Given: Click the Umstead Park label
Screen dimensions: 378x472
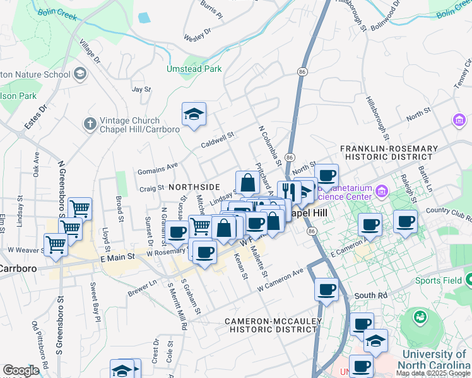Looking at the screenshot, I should pyautogui.click(x=194, y=69).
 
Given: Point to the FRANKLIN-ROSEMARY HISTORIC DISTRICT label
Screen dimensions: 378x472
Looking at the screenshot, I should pyautogui.click(x=389, y=152).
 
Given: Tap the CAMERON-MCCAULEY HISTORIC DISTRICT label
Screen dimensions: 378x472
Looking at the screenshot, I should pyautogui.click(x=274, y=325).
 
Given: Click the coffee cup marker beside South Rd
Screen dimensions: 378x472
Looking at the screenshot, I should pyautogui.click(x=326, y=290).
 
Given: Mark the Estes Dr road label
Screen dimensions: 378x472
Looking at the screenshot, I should pyautogui.click(x=35, y=118).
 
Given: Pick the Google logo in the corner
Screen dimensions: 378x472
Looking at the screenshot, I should pyautogui.click(x=21, y=370).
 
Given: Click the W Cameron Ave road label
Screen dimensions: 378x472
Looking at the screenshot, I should pyautogui.click(x=280, y=281).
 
